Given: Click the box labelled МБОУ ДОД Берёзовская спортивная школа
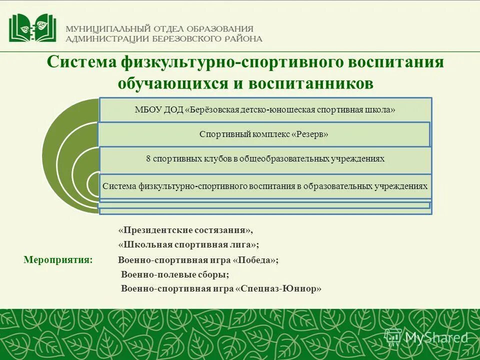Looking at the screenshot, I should pyautogui.click(x=265, y=110).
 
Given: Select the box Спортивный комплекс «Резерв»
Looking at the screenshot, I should pyautogui.click(x=263, y=134).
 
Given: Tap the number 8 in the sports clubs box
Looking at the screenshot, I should pyautogui.click(x=148, y=158).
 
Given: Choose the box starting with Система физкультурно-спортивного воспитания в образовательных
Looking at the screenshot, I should pyautogui.click(x=265, y=186).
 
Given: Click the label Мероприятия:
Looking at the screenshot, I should pyautogui.click(x=58, y=259).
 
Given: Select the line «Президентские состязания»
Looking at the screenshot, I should pyautogui.click(x=185, y=230).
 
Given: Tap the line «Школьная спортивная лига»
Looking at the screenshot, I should pyautogui.click(x=188, y=244).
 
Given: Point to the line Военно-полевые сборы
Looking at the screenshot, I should pyautogui.click(x=175, y=274).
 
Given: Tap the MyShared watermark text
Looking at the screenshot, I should pyautogui.click(x=436, y=338).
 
